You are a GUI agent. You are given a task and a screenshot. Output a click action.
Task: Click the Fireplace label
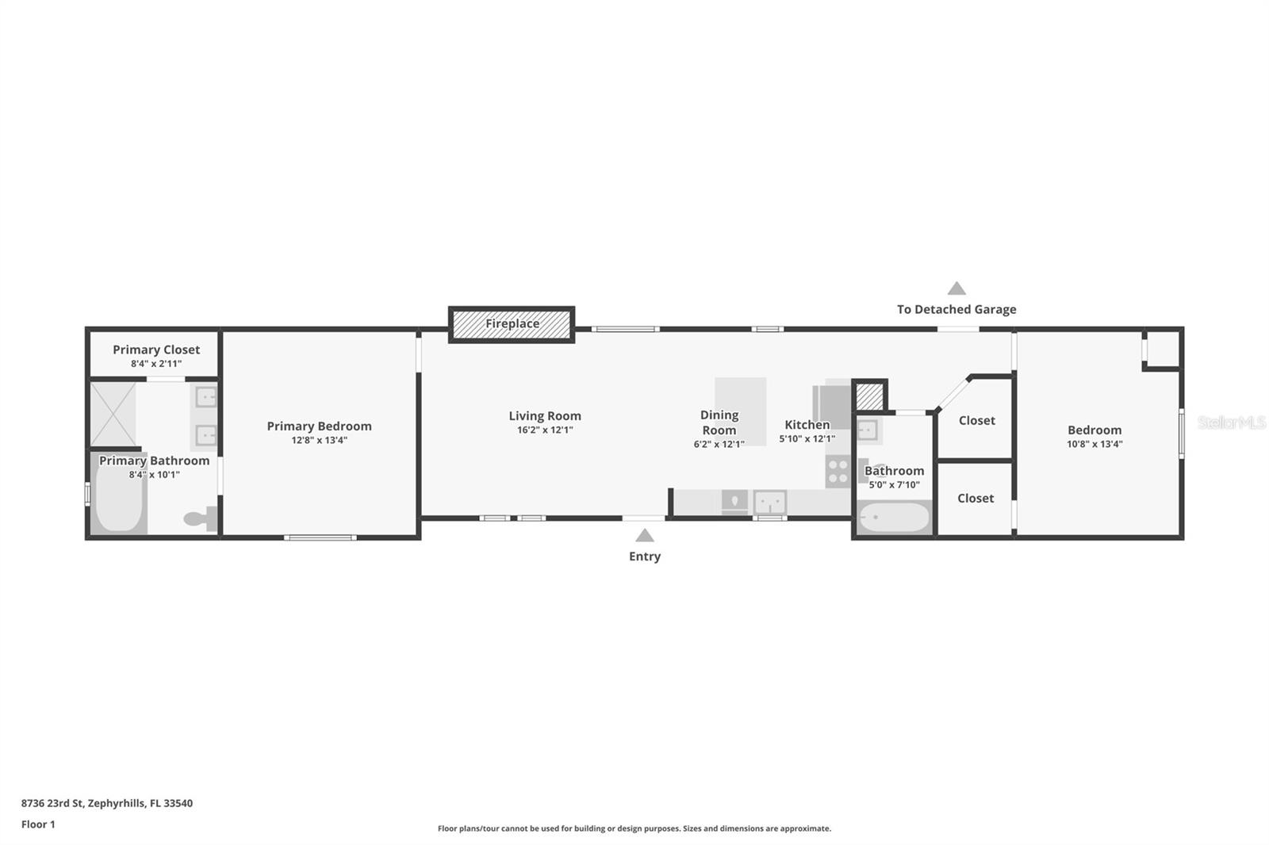point(512,323)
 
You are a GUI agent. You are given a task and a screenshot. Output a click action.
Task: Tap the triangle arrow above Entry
point(645,536)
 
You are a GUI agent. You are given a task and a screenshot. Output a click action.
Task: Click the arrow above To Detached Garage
point(957,289)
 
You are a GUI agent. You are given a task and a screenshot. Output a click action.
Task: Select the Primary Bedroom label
point(319,426)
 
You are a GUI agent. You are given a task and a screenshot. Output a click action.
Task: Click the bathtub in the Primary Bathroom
point(119,495)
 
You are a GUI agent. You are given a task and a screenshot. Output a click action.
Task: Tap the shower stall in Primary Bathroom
point(113,414)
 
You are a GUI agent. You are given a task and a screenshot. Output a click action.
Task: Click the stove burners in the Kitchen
point(838,472)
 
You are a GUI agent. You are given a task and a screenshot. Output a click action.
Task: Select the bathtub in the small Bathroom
point(895,518)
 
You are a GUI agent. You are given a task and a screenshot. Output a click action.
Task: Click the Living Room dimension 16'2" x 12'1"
point(545,430)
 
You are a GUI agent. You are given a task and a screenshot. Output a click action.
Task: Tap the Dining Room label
point(719,422)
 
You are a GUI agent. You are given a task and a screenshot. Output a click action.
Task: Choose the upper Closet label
point(976,421)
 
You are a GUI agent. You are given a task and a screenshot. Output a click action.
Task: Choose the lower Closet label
point(976,499)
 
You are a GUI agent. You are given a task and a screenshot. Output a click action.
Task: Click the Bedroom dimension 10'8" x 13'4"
point(1095,445)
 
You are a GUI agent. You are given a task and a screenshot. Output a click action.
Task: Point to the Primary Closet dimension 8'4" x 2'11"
point(156,364)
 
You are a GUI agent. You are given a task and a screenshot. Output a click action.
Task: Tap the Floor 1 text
point(38,824)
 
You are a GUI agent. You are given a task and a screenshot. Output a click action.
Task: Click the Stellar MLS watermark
point(1231,422)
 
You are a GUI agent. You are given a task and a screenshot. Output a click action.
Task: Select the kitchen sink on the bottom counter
point(769,502)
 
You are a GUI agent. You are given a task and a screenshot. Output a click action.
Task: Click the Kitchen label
point(807,425)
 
